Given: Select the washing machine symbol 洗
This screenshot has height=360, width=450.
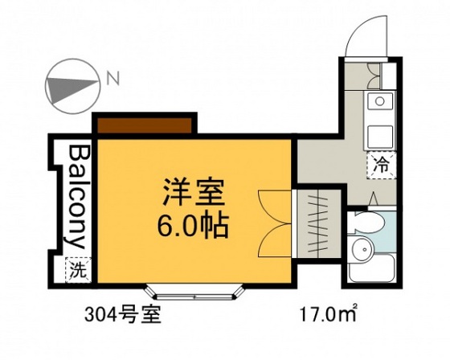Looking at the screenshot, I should pos(79,268).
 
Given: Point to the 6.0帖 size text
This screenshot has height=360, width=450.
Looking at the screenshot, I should pos(192,223).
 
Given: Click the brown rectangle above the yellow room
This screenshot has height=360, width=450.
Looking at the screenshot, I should pos(144,125).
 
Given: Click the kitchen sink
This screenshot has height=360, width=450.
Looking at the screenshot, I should pos(378,101).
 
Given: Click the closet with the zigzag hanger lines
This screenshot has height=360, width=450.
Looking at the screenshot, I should pos(319,221).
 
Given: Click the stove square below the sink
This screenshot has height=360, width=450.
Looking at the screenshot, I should pos(378,133).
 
